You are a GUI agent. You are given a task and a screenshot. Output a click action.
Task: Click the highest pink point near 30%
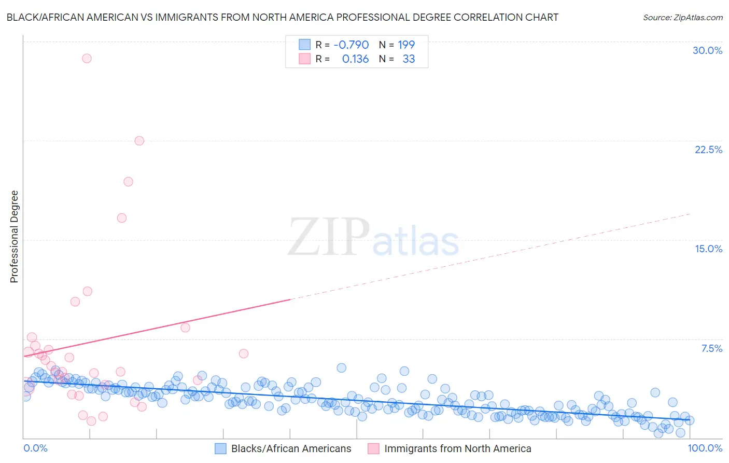pyautogui.click(x=87, y=58)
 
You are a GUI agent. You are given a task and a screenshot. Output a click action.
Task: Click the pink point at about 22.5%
pyautogui.click(x=139, y=141)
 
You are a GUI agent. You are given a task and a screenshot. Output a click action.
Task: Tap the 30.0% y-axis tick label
pyautogui.click(x=707, y=50)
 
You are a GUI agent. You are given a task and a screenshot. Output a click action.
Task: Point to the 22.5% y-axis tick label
pyautogui.click(x=708, y=149)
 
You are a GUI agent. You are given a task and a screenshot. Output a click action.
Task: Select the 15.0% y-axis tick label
pyautogui.click(x=708, y=249)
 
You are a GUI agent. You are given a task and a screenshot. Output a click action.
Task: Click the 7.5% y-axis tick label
pyautogui.click(x=711, y=348)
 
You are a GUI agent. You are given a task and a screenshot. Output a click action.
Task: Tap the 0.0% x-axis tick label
pyautogui.click(x=35, y=448)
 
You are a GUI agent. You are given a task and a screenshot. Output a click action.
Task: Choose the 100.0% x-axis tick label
pyautogui.click(x=705, y=448)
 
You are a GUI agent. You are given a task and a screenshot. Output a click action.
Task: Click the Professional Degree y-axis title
pyautogui.click(x=14, y=237)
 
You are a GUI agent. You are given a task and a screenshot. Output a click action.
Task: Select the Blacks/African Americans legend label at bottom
pyautogui.click(x=291, y=448)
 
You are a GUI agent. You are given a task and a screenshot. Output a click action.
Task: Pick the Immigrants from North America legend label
pyautogui.click(x=457, y=448)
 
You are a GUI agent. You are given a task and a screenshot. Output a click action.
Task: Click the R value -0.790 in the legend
pyautogui.click(x=351, y=45)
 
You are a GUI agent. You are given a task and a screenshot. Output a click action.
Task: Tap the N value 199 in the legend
pyautogui.click(x=406, y=45)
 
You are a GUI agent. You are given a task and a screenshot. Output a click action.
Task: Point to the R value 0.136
pyautogui.click(x=355, y=59)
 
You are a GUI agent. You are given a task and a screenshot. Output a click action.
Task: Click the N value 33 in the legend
pyautogui.click(x=409, y=59)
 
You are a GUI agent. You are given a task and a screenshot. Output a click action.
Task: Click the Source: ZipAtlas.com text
pyautogui.click(x=682, y=17)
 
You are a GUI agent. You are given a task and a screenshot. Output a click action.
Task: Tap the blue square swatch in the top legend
pyautogui.click(x=304, y=45)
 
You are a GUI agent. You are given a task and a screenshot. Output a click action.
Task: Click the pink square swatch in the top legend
pyautogui.click(x=304, y=59)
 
